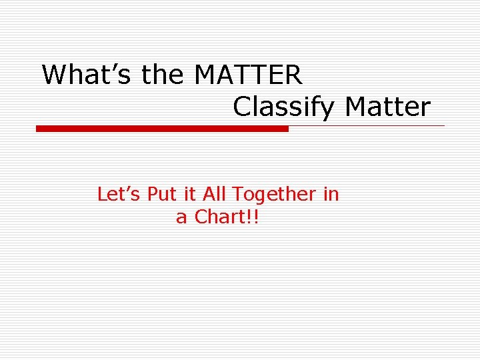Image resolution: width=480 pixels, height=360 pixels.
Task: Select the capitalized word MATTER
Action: (248, 75)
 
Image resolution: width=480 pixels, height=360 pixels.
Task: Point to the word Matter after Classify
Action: (387, 107)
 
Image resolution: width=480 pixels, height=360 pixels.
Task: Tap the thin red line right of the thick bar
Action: (367, 125)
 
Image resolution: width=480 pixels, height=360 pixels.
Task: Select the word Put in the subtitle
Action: (160, 195)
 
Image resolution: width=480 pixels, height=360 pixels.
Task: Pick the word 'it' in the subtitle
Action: (190, 195)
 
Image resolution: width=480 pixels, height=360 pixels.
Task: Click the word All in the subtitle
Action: (215, 195)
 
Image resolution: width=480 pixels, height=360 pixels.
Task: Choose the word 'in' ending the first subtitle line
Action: (331, 195)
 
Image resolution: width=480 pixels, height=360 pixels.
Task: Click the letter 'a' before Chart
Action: (181, 218)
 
